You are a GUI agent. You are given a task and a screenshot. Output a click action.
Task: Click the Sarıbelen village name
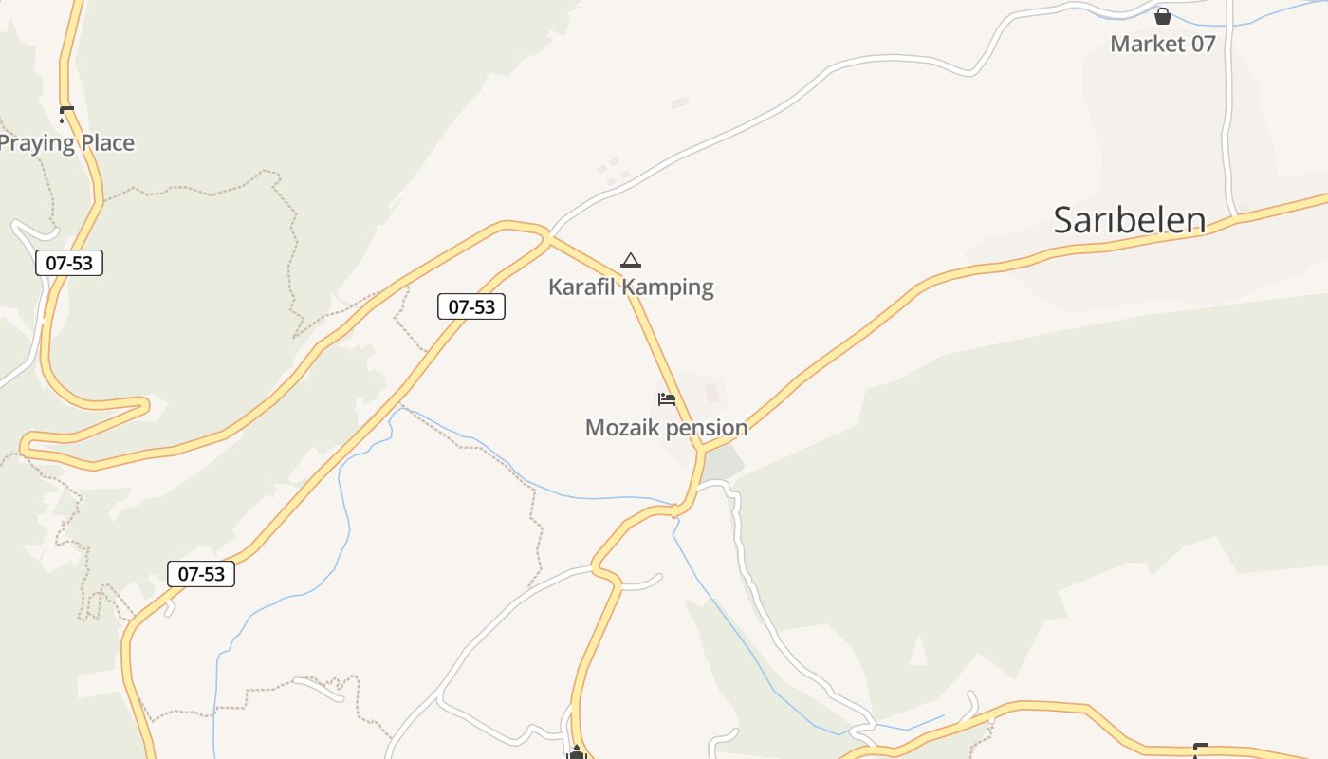point(1129,220)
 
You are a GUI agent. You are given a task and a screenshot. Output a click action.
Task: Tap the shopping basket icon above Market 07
point(1162,16)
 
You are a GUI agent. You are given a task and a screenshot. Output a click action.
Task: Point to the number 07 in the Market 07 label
point(1202,44)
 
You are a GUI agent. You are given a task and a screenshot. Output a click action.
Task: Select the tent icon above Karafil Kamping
point(630,260)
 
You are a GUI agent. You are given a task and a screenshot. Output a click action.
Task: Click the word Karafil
point(581,287)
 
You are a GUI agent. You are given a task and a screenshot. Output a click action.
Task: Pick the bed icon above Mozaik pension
point(667,399)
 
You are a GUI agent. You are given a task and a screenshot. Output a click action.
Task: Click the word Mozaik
point(621,428)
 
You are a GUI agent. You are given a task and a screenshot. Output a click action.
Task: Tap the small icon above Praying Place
point(65,115)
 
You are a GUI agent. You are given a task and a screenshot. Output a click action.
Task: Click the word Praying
point(36,143)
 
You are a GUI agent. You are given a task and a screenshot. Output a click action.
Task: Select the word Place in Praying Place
point(107,143)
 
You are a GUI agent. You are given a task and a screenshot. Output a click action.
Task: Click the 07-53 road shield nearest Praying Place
point(69,263)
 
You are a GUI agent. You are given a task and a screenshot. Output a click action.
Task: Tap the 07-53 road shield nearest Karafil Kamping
point(471,306)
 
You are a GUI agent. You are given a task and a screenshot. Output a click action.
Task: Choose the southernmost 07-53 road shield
point(201,574)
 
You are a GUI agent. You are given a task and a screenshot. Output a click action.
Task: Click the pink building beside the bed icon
point(711,393)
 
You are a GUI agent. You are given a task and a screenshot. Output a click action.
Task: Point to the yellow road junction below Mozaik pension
point(703,448)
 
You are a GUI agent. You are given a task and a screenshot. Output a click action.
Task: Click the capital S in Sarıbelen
point(1064,220)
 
